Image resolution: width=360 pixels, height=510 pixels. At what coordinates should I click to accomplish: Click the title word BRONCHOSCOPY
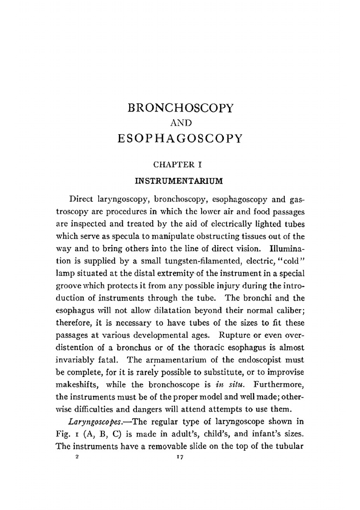tap(180, 108)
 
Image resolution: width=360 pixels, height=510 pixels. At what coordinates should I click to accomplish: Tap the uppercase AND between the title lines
tap(180, 123)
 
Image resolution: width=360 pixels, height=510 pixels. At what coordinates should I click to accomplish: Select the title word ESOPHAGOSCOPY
tap(180, 138)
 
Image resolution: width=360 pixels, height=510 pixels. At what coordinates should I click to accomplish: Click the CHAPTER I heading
tap(177, 165)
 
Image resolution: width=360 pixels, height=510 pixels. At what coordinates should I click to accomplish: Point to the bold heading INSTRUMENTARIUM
tap(179, 181)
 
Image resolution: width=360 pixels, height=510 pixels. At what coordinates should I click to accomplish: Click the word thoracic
tap(211, 347)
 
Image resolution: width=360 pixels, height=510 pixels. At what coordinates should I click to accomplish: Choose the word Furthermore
tap(279, 384)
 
